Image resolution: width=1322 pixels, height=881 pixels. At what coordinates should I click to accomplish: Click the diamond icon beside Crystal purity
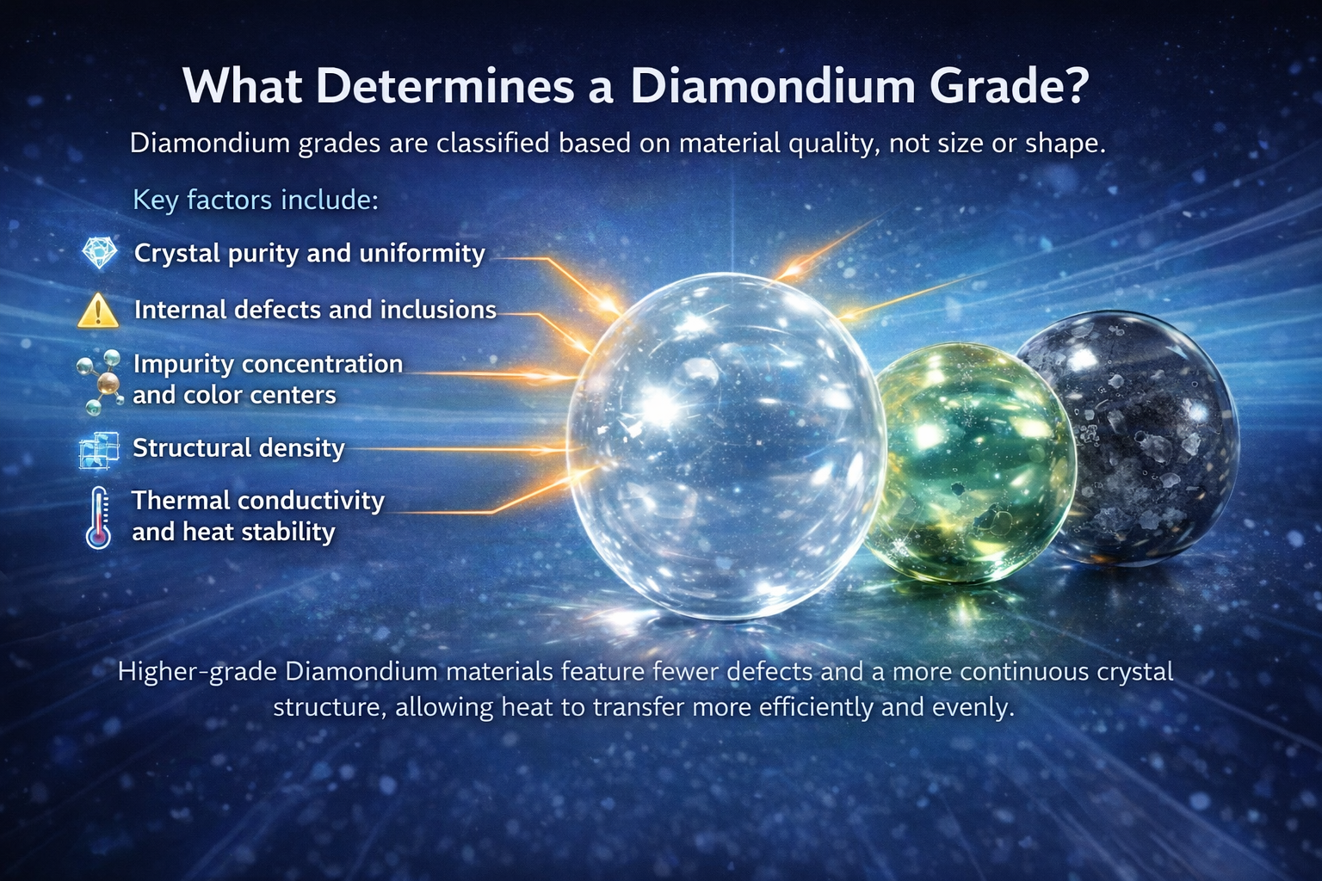tap(99, 253)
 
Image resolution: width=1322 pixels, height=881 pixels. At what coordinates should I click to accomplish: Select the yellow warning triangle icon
tap(98, 311)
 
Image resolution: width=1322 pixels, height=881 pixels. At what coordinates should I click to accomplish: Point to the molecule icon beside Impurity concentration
tap(98, 379)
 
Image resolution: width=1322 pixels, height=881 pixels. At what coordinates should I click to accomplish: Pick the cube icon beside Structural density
tap(98, 450)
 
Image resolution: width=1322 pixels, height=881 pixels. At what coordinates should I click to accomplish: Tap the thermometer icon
tap(99, 517)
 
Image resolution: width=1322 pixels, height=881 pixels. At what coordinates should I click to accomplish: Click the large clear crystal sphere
tap(725, 445)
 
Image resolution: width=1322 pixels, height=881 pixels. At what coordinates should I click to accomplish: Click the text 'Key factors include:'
tap(256, 200)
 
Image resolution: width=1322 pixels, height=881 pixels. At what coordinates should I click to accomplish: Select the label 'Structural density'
tap(238, 447)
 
